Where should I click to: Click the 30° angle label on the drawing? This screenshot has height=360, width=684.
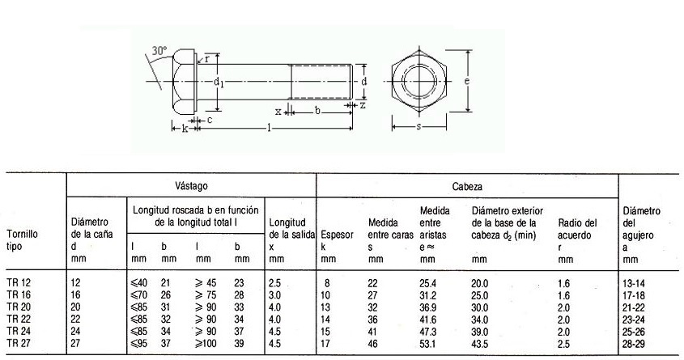(x=159, y=50)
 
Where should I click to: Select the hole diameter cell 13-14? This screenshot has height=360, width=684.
(x=637, y=282)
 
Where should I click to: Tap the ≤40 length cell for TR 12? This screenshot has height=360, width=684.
(x=139, y=282)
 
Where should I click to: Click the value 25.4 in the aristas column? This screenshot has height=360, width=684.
(x=428, y=282)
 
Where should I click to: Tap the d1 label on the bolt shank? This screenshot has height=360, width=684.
(x=219, y=83)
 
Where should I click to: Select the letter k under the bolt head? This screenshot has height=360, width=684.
(x=185, y=128)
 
